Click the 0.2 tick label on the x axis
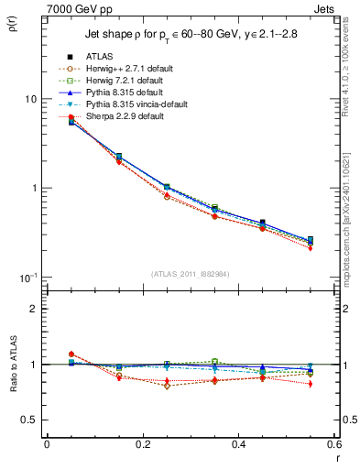[x=142, y=443]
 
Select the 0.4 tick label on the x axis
[x=237, y=443]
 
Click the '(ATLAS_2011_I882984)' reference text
[x=191, y=274]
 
